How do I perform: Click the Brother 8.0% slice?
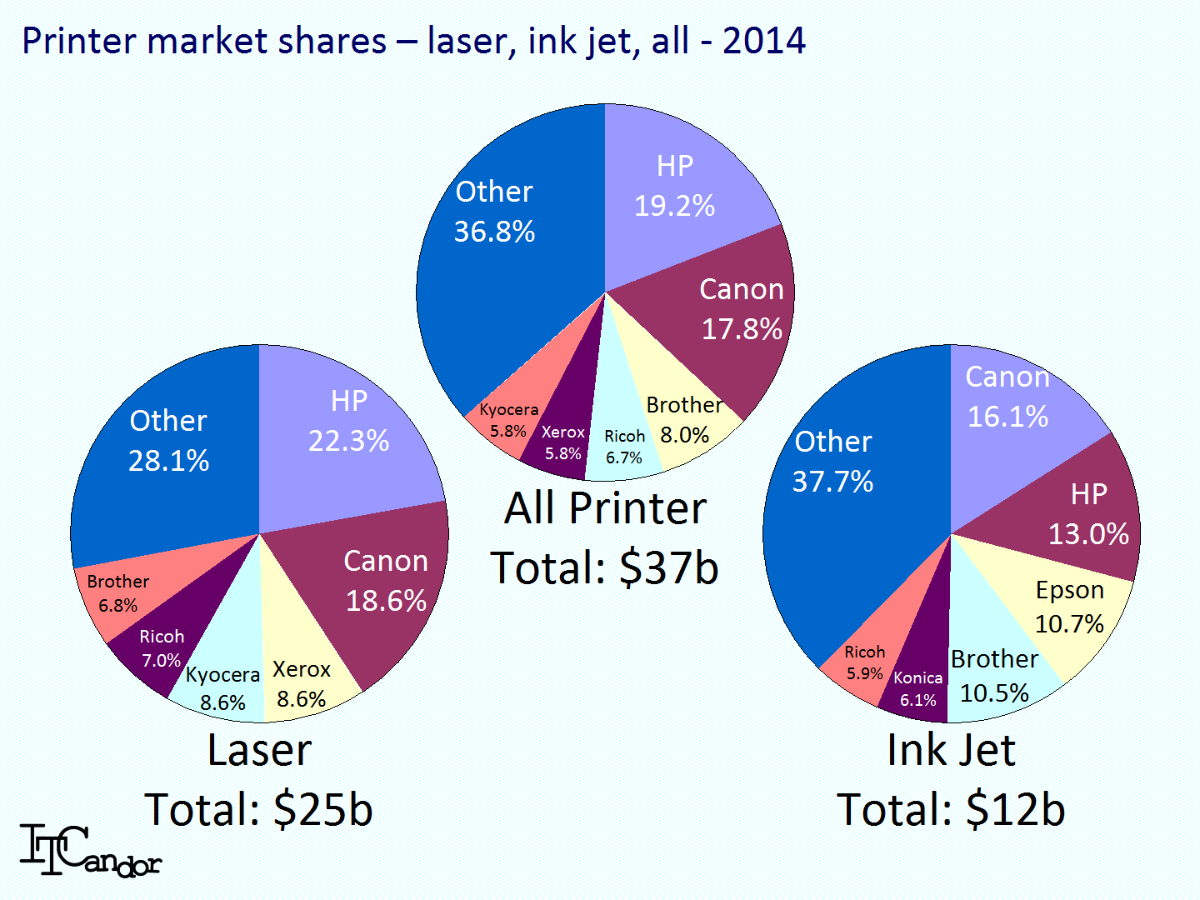coord(683,420)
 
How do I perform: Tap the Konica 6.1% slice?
coord(917,687)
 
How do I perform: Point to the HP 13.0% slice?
coord(1087,513)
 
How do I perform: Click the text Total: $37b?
coord(604,568)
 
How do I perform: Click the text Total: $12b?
coord(951,809)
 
